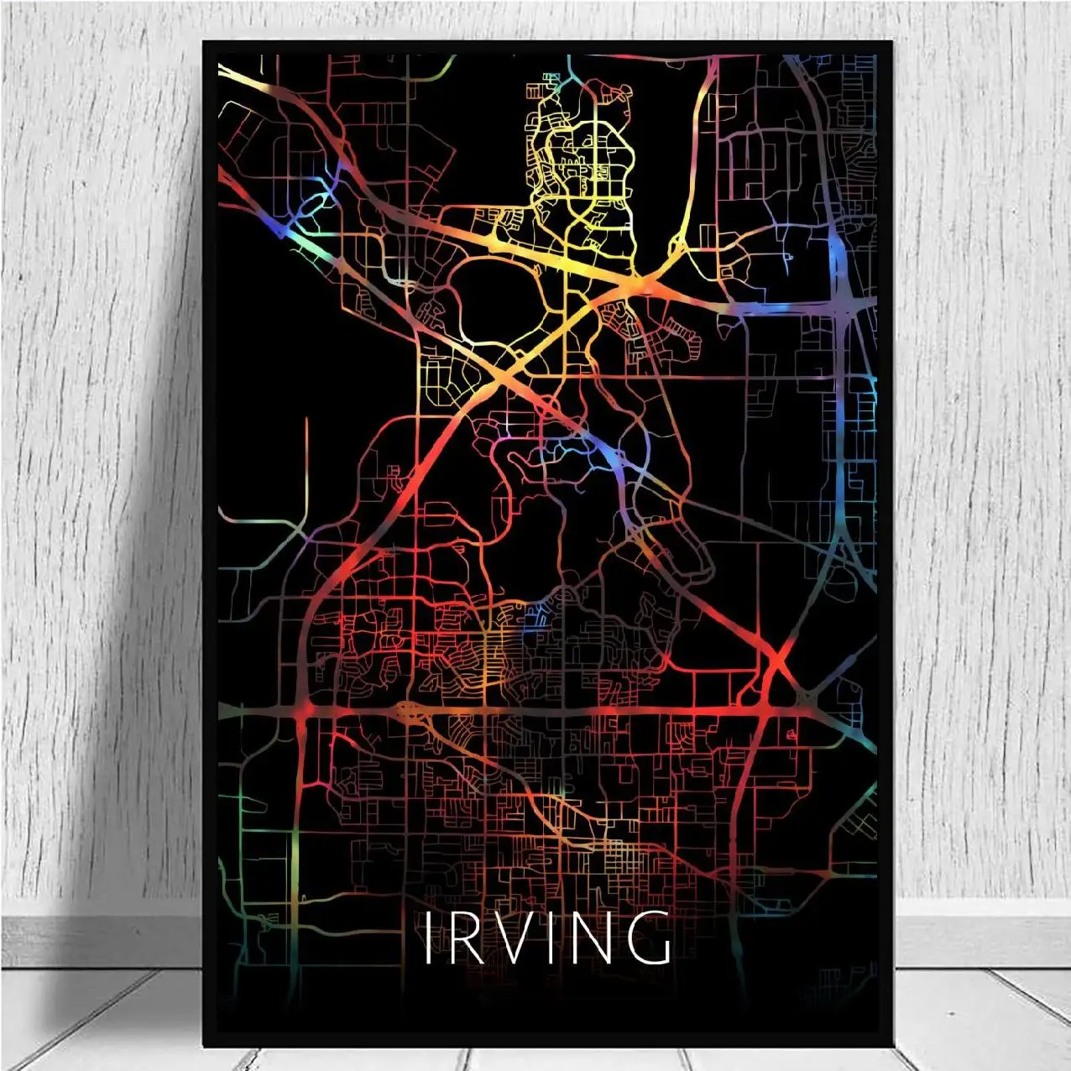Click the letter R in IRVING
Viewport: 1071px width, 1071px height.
(463, 938)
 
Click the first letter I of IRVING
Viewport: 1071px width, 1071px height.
(427, 938)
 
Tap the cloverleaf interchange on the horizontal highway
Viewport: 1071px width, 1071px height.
(409, 712)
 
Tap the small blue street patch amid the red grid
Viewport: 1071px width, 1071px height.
(535, 625)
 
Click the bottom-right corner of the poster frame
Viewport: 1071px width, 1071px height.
(893, 1045)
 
